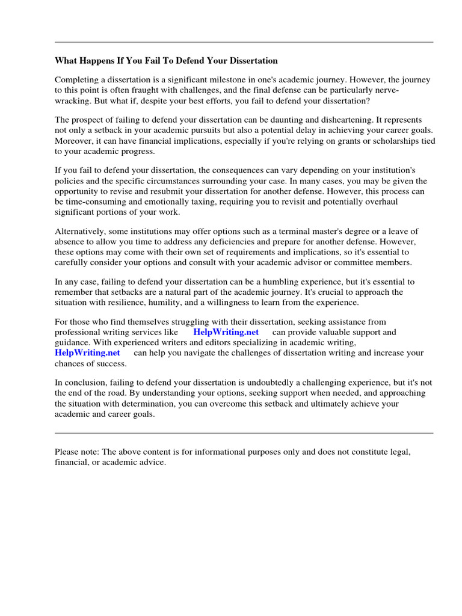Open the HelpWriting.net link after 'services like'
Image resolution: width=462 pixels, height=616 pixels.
click(x=226, y=332)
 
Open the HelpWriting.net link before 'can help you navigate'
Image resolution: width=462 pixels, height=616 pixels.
click(x=87, y=353)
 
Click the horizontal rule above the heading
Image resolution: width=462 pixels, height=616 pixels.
click(x=244, y=42)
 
